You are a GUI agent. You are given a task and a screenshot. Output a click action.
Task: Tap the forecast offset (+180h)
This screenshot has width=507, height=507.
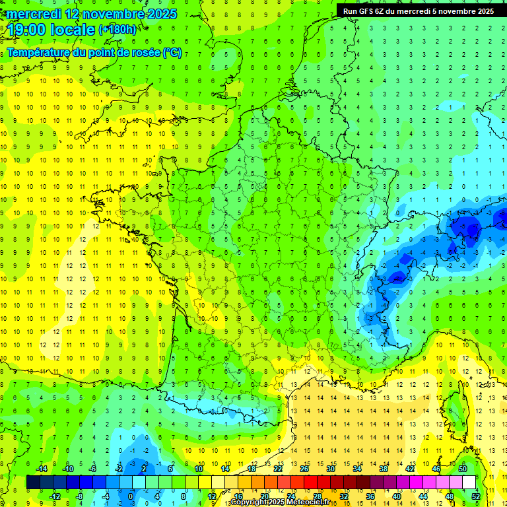[x=118, y=30]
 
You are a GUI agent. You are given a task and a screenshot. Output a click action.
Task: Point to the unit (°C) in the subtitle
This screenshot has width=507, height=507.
[x=172, y=52]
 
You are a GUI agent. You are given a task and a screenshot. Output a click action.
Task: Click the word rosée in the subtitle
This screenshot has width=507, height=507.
[x=144, y=52]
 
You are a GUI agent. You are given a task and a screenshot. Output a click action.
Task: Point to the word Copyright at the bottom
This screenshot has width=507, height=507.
[x=250, y=502]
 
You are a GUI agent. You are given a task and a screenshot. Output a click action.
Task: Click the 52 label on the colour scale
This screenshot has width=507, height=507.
[x=475, y=496]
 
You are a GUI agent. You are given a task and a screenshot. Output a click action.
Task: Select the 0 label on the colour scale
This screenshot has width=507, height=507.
[x=131, y=496]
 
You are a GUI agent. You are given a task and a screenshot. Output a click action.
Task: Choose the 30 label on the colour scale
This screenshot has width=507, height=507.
[x=330, y=469]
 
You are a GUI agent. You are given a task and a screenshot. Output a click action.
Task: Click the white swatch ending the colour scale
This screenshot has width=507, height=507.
[x=469, y=482]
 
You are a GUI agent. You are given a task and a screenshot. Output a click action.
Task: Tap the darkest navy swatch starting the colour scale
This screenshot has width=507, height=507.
[x=33, y=482]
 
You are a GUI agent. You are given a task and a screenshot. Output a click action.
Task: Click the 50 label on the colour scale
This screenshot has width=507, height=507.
[x=462, y=469]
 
